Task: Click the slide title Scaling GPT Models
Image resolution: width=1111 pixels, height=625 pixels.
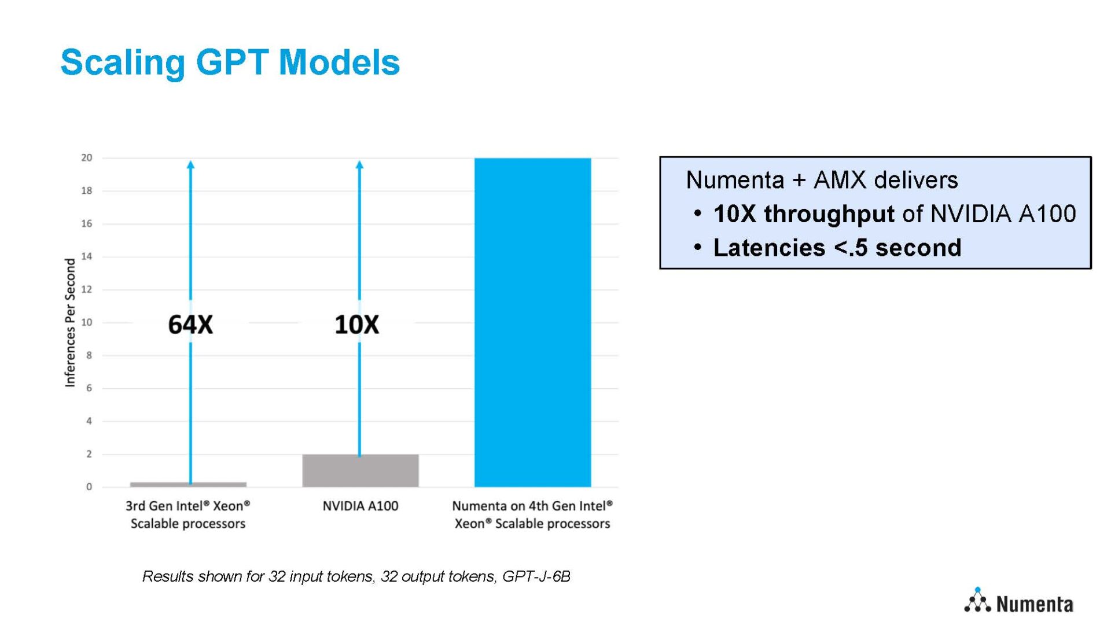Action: point(230,62)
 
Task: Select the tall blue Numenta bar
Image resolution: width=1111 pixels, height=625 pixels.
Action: point(532,322)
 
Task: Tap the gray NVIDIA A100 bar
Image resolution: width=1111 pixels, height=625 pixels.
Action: point(360,470)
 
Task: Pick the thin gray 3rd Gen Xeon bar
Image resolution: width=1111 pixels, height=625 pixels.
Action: point(188,484)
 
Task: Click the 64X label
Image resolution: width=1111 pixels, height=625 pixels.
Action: point(190,325)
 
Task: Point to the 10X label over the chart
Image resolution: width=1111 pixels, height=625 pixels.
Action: point(357,325)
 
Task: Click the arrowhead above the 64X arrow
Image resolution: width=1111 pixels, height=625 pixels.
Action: point(190,165)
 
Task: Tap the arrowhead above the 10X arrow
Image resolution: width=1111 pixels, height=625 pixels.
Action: point(359,165)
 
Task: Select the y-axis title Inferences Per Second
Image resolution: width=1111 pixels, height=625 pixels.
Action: point(70,322)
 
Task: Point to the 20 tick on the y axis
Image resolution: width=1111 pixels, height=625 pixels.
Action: point(87,157)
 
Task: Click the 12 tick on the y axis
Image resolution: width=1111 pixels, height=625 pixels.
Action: point(87,289)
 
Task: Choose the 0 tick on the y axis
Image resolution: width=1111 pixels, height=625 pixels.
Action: point(89,487)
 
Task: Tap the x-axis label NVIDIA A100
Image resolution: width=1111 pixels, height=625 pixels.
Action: point(360,506)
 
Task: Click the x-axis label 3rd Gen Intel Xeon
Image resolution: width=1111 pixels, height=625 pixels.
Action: point(187,514)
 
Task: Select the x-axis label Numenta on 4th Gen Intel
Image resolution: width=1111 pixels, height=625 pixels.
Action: point(532,514)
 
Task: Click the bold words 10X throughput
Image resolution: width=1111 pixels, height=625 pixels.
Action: point(804,214)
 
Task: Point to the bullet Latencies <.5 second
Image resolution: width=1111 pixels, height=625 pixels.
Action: point(837,248)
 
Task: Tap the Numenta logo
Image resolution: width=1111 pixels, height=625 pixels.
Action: point(1018,602)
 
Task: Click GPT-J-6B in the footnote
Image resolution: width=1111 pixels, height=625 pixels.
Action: point(536,576)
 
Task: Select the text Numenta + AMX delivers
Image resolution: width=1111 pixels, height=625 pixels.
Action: point(822,180)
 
